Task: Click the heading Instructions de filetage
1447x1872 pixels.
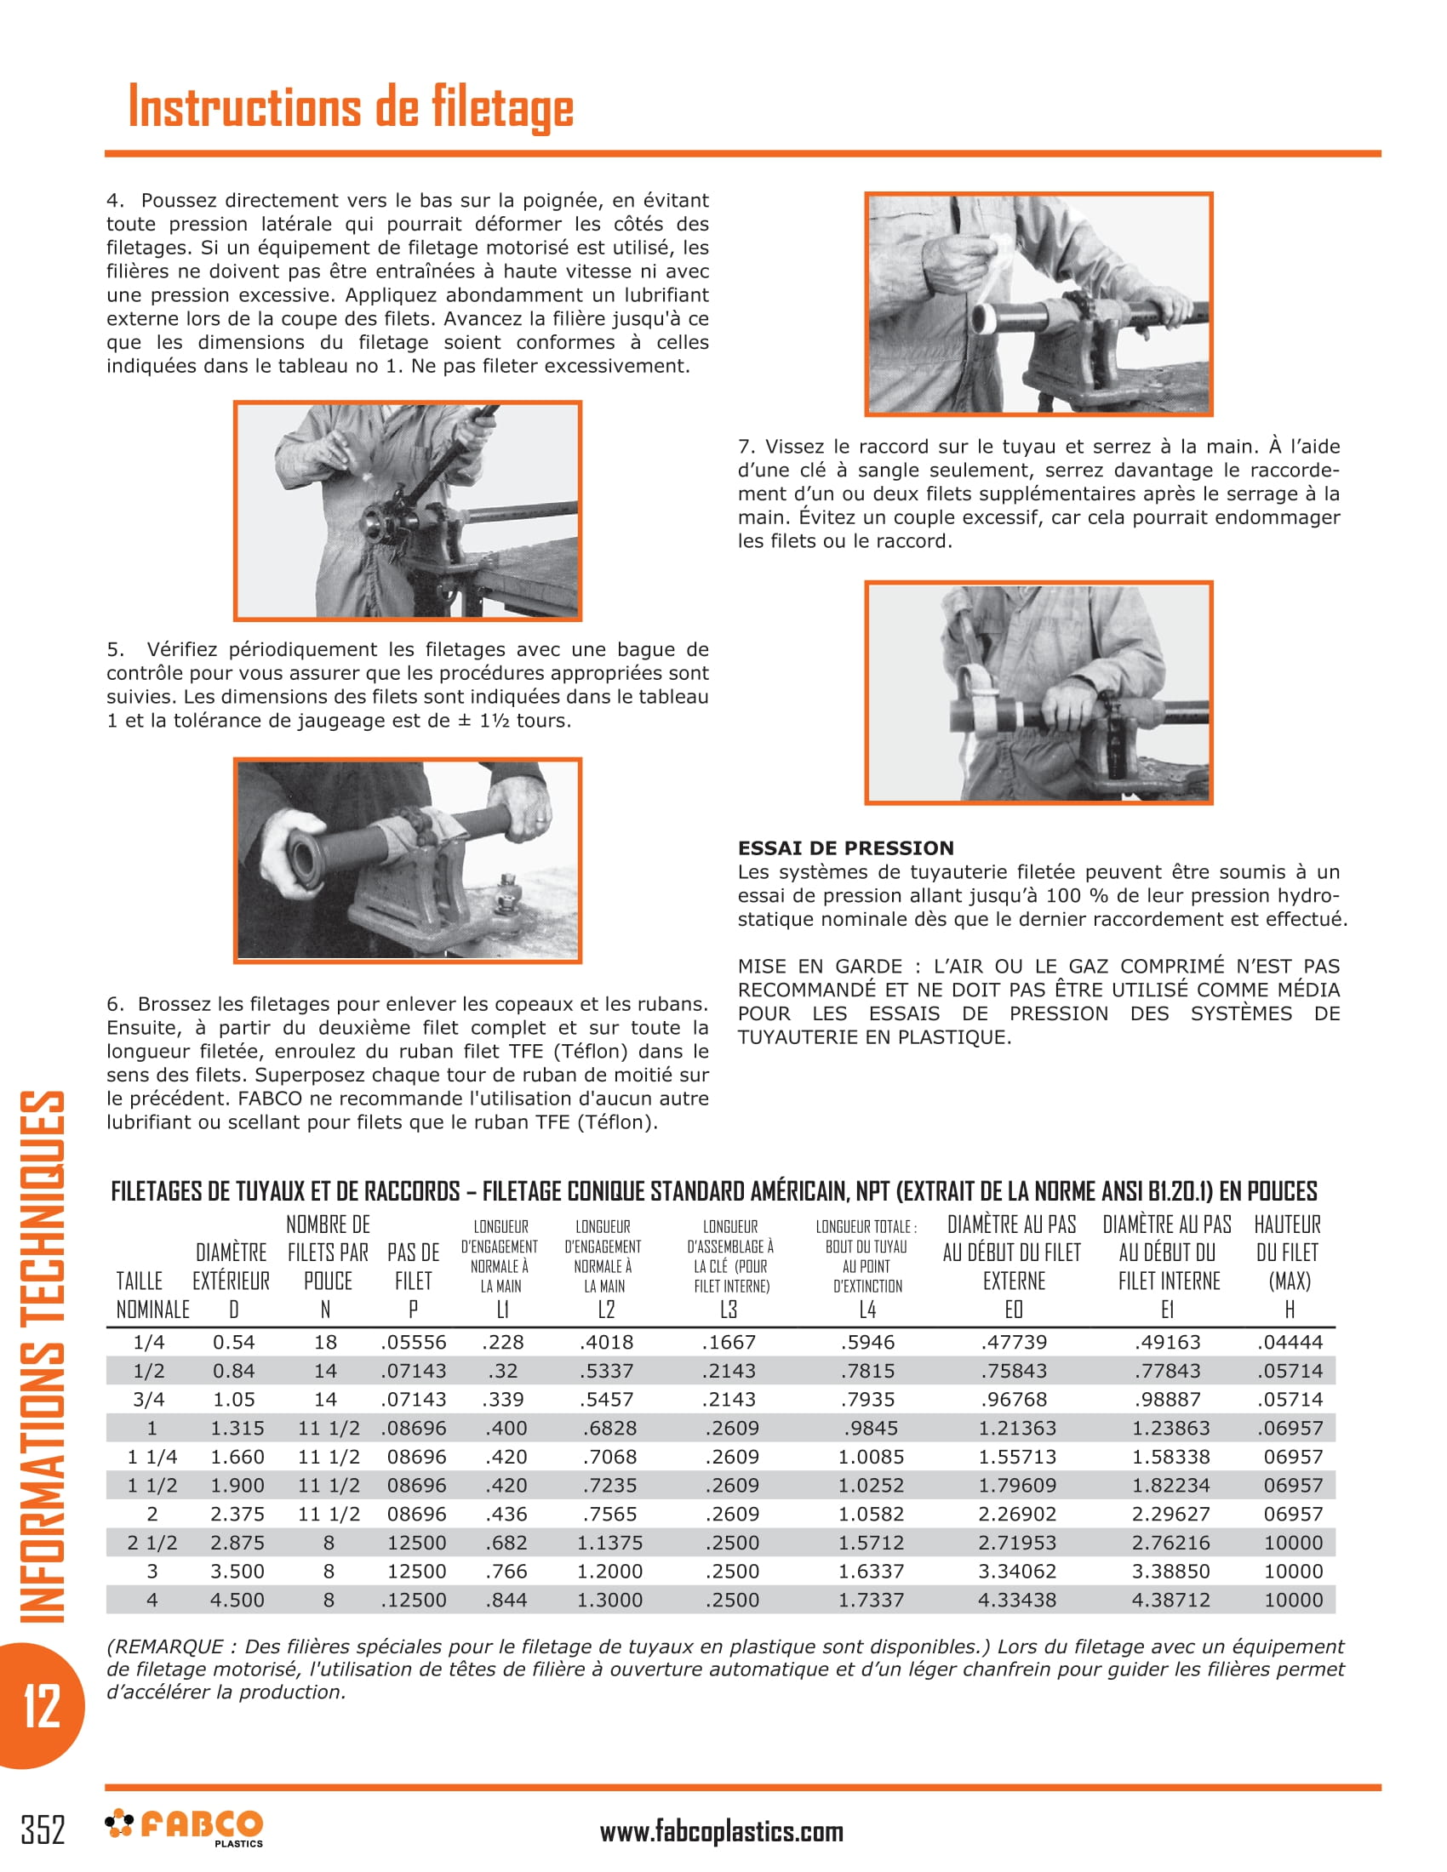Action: (x=351, y=108)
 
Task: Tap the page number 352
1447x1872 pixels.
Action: (x=43, y=1829)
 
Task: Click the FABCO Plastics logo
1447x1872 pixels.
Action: (x=185, y=1826)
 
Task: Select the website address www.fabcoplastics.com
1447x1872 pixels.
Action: (x=721, y=1832)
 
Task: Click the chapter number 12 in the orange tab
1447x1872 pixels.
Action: (x=41, y=1705)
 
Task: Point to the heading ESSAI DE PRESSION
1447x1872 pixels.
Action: (x=845, y=848)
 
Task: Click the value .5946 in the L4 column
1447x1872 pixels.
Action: (x=866, y=1342)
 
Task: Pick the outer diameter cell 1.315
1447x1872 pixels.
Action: (x=237, y=1428)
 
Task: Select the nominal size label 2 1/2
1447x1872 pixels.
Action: (x=152, y=1543)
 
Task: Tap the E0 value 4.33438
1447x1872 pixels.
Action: (x=1016, y=1600)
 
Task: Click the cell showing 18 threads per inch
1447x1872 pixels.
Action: (x=325, y=1342)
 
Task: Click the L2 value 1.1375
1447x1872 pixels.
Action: (x=609, y=1543)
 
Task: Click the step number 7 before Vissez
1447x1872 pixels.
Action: (x=745, y=447)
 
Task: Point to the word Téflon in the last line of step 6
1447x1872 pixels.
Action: (x=616, y=1122)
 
